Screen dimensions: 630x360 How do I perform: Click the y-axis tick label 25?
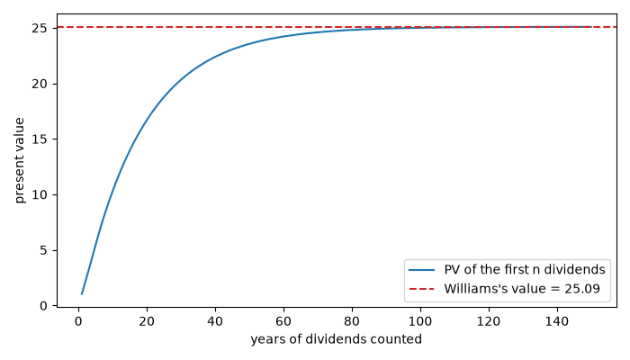pyautogui.click(x=40, y=29)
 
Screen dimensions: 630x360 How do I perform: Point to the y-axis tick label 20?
pyautogui.click(x=40, y=84)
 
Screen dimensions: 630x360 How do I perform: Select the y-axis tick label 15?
pyautogui.click(x=40, y=139)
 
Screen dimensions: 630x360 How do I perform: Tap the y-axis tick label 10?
pyautogui.click(x=40, y=195)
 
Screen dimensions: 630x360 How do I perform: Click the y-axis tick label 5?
pyautogui.click(x=43, y=250)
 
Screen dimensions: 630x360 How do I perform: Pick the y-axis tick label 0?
pyautogui.click(x=43, y=306)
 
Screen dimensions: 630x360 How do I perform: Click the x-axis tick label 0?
pyautogui.click(x=79, y=321)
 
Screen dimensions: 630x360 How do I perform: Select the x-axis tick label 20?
pyautogui.click(x=147, y=321)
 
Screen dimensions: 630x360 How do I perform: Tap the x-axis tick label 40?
pyautogui.click(x=215, y=321)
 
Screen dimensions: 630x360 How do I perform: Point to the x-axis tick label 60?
pyautogui.click(x=283, y=321)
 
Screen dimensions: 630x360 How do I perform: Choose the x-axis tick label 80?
pyautogui.click(x=353, y=321)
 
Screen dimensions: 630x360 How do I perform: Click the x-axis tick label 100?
pyautogui.click(x=420, y=321)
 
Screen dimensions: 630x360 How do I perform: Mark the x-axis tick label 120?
pyautogui.click(x=489, y=321)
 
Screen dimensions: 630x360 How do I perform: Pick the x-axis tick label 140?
pyautogui.click(x=557, y=321)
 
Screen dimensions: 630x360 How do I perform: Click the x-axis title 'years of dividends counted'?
pyautogui.click(x=337, y=339)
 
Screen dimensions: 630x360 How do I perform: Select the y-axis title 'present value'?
pyautogui.click(x=19, y=160)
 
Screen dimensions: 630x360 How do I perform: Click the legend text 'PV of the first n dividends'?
pyautogui.click(x=525, y=270)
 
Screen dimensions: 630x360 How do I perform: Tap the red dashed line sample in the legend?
pyautogui.click(x=421, y=289)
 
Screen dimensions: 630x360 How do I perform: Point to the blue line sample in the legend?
pyautogui.click(x=421, y=270)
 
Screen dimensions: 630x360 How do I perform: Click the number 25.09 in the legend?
pyautogui.click(x=582, y=289)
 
